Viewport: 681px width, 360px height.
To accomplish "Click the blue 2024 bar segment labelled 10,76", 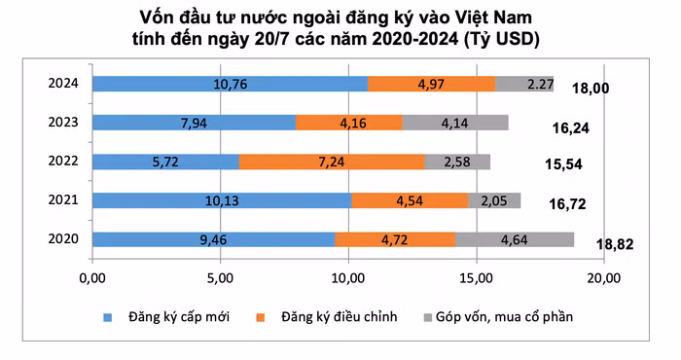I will tap(230, 84).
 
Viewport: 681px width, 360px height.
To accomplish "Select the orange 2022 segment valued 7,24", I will tap(331, 162).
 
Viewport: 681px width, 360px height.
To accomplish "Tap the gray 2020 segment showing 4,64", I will tap(515, 239).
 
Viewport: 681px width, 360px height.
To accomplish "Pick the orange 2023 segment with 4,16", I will tap(348, 123).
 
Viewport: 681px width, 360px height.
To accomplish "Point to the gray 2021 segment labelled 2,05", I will tap(494, 200).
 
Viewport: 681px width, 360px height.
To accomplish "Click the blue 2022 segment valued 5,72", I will tap(165, 162).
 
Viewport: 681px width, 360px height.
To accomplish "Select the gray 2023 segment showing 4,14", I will tap(455, 123).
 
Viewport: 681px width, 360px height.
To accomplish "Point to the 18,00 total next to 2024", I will tap(590, 89).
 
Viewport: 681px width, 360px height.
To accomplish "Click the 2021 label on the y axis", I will tap(62, 200).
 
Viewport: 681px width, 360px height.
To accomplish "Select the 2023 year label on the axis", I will tap(62, 123).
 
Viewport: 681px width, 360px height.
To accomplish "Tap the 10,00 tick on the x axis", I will tap(348, 280).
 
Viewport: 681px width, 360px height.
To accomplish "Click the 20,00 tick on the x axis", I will tap(604, 280).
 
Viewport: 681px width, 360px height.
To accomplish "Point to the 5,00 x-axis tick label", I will tap(220, 280).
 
